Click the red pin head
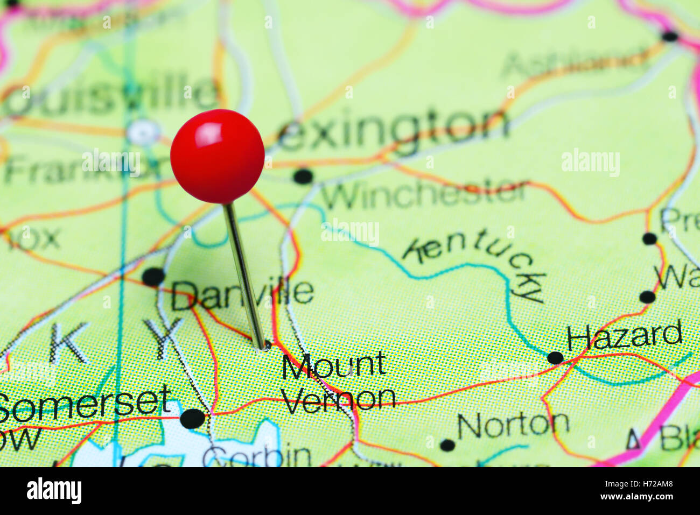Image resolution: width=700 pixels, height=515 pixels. tap(218, 156)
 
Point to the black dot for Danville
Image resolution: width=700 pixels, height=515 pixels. tap(153, 277)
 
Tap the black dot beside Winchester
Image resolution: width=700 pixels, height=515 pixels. tap(303, 176)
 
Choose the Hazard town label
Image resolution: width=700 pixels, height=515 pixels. tap(625, 336)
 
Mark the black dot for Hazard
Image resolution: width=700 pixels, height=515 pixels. tap(555, 358)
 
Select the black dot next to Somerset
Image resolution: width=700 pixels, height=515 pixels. tap(193, 418)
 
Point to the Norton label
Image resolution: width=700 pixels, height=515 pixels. tap(513, 425)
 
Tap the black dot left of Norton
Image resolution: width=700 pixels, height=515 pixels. tap(447, 445)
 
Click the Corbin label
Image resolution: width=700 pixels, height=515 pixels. tap(257, 456)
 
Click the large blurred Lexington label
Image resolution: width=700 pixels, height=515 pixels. tap(393, 129)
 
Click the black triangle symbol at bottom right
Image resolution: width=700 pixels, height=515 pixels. tap(633, 440)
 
